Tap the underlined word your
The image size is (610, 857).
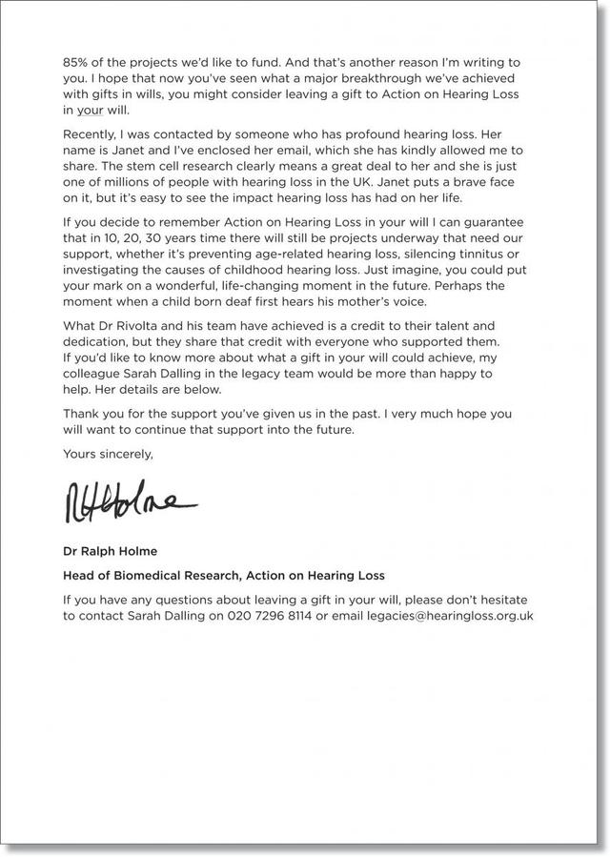[93, 112]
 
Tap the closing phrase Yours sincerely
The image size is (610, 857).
[108, 456]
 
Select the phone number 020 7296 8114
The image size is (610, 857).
[268, 617]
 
